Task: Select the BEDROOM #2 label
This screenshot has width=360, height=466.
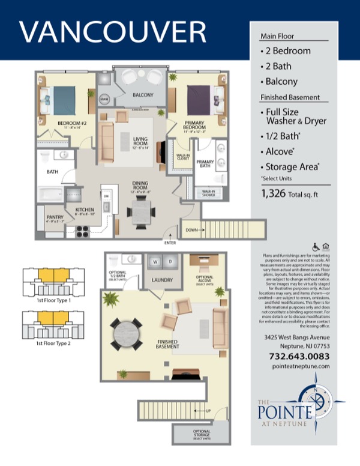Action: pos(70,124)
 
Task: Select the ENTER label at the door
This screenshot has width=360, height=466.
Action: pos(170,243)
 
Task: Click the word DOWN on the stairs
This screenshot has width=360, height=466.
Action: pos(190,229)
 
